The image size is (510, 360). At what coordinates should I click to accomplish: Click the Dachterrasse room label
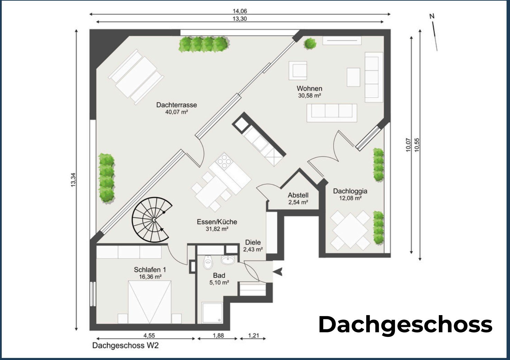point(177,105)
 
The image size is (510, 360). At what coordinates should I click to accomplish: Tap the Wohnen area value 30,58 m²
point(309,96)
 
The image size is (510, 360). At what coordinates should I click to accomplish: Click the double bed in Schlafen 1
point(150,302)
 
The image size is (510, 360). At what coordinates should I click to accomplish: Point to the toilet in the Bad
point(208,262)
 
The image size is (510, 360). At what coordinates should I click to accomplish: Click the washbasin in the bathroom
point(228,259)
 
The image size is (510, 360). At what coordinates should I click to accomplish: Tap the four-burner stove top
point(224,161)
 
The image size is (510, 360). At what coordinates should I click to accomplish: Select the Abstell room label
point(298,195)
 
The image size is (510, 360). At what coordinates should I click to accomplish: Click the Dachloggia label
point(350,191)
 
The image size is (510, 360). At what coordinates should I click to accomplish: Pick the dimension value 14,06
point(240,11)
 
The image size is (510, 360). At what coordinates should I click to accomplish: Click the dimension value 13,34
point(73,180)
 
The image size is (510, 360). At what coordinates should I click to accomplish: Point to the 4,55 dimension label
point(149,335)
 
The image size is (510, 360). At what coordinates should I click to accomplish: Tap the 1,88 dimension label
point(218,335)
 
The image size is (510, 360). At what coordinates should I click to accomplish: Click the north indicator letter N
point(432,16)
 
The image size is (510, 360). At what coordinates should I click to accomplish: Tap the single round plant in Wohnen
point(310,44)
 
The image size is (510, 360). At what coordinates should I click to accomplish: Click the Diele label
point(253,243)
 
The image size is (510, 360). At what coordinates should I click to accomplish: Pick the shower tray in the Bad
point(212,313)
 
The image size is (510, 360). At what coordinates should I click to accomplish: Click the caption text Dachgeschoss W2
point(125,345)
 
